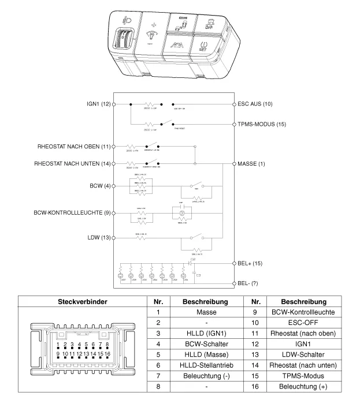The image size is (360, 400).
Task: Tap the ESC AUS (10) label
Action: click(x=255, y=104)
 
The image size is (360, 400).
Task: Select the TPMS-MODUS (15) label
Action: click(x=262, y=124)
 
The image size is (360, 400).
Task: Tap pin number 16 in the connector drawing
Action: click(x=107, y=353)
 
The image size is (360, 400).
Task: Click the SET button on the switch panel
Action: click(x=203, y=47)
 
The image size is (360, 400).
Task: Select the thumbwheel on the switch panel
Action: click(x=126, y=41)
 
